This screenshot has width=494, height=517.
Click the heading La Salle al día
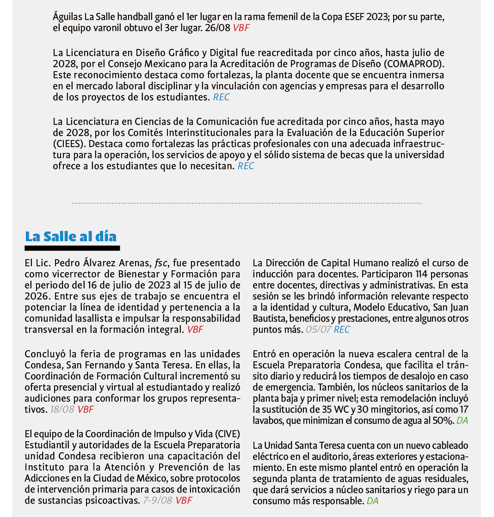tap(71, 237)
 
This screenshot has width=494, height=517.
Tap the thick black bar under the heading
tap(72, 249)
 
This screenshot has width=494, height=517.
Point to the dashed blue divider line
tap(247, 203)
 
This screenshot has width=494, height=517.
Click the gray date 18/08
tap(62, 409)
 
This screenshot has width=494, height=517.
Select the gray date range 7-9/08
tap(158, 500)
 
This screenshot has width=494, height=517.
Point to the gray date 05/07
tap(318, 329)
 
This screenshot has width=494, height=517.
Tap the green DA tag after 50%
tap(462, 420)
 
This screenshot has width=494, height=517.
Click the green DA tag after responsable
tap(372, 501)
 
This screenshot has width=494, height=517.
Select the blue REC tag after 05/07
tap(342, 329)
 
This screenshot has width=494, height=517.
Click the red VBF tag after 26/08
tap(241, 27)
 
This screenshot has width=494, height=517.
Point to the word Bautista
tap(270, 318)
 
